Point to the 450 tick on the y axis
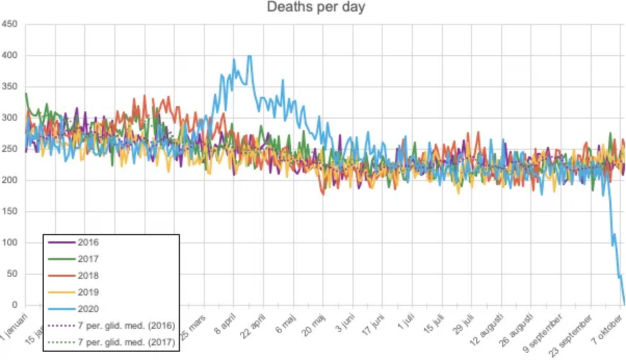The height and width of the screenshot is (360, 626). [x=10, y=24]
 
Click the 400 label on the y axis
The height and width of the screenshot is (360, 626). [x=10, y=55]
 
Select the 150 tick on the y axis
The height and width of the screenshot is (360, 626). [x=10, y=211]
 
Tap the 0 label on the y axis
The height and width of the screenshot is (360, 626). [x=14, y=305]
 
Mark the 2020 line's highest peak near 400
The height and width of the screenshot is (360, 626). [x=250, y=56]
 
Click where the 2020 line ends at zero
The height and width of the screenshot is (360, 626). [x=624, y=304]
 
